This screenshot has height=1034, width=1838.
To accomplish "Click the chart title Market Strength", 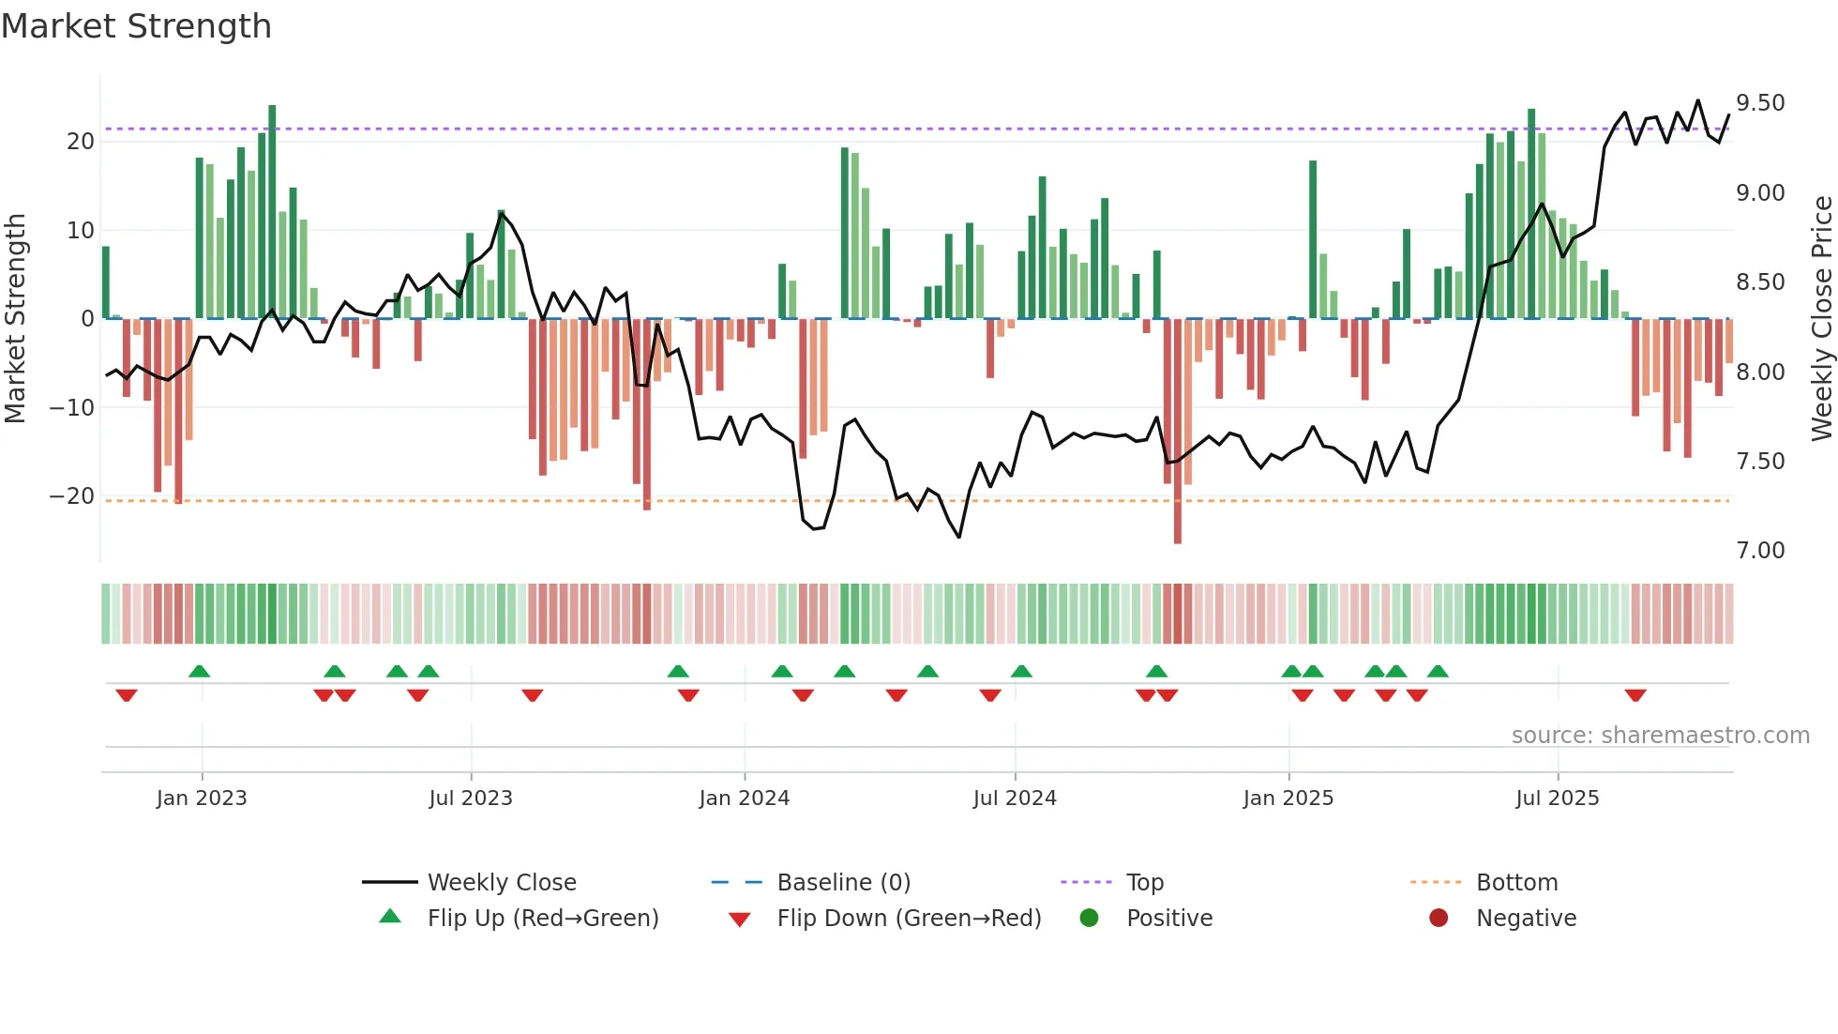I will pyautogui.click(x=136, y=26).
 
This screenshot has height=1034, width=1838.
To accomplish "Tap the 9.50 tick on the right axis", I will pyautogui.click(x=1759, y=103).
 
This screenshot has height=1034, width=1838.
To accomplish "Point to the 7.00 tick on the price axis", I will pyautogui.click(x=1759, y=551).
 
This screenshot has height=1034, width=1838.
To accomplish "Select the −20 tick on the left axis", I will pyautogui.click(x=72, y=496).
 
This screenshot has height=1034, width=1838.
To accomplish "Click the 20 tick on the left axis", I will pyautogui.click(x=81, y=142).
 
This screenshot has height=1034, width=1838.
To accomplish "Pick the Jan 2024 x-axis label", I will pyautogui.click(x=744, y=798).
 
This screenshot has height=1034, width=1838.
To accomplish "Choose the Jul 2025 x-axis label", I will pyautogui.click(x=1557, y=798).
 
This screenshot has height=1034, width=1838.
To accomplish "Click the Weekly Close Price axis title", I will pyautogui.click(x=1821, y=319).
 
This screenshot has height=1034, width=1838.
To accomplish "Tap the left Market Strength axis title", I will pyautogui.click(x=16, y=319).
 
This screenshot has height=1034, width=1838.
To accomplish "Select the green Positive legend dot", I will pyautogui.click(x=1089, y=919).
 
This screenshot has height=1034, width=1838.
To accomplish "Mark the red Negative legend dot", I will pyautogui.click(x=1439, y=919).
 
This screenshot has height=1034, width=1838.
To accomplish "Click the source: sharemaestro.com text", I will pyautogui.click(x=1660, y=736).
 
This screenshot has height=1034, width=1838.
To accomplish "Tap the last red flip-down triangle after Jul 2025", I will pyautogui.click(x=1635, y=695).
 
